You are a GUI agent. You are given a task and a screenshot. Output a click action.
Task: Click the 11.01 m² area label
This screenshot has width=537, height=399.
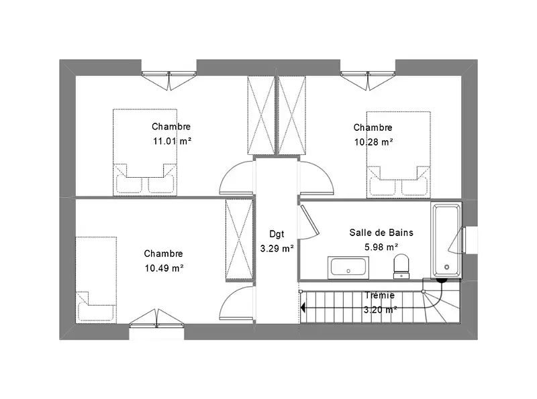(x=172, y=141)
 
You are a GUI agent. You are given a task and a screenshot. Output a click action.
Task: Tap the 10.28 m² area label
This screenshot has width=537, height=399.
(x=373, y=141)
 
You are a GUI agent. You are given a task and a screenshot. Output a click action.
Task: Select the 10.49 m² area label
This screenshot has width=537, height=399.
(x=164, y=268)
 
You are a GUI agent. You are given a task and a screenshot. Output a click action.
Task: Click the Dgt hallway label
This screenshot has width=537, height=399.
(x=277, y=234)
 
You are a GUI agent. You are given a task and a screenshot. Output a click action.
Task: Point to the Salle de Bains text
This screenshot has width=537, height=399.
(x=381, y=233)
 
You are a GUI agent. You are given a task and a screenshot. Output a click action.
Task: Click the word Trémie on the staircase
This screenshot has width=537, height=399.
(x=379, y=295)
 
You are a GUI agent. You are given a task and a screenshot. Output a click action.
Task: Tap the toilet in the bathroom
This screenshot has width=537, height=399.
(x=401, y=266)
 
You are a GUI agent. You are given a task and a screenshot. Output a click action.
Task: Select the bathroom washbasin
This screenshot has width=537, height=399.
(x=348, y=268)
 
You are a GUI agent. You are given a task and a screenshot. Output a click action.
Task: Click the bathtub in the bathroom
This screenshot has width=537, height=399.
(x=446, y=239)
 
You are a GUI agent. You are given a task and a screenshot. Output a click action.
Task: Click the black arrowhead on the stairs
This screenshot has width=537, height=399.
(x=303, y=308)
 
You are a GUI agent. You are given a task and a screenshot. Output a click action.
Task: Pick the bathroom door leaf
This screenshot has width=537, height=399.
(x=310, y=221)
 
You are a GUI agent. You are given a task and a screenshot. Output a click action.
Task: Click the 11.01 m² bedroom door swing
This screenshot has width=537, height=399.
(x=237, y=178)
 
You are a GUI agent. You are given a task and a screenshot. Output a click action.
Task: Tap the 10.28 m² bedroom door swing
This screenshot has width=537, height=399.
(x=315, y=178)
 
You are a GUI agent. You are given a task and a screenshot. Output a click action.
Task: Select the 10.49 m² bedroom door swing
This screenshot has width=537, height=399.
(x=237, y=303)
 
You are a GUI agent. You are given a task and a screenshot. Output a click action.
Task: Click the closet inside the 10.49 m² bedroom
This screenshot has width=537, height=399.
(x=240, y=240)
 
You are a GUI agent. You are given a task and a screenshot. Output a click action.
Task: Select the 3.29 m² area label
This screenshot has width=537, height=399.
(x=277, y=248)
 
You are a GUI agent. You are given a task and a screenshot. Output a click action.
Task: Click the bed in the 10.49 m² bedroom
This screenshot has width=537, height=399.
(x=96, y=280)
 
